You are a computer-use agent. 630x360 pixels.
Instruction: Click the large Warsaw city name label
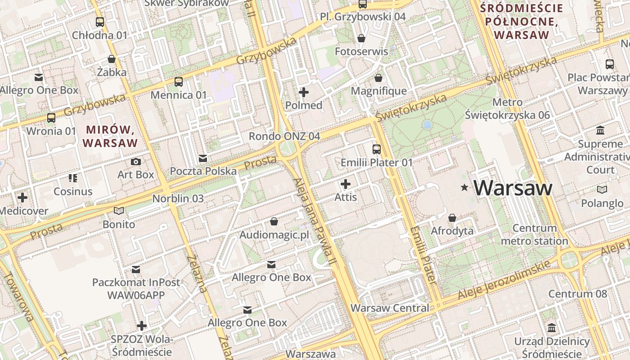point(513,188)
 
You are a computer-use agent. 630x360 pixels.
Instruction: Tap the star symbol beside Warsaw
point(464,187)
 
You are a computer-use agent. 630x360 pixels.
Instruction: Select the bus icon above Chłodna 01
point(100,22)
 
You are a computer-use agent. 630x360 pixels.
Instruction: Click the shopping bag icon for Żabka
point(112,59)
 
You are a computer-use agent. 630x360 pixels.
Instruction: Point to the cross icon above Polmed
point(304,92)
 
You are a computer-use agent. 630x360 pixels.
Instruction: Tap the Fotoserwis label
point(361,51)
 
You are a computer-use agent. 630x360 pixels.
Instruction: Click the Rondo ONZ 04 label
point(284,136)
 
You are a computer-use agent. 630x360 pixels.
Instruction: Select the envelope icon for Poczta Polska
point(203,158)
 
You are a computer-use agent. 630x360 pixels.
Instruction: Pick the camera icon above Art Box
point(135,162)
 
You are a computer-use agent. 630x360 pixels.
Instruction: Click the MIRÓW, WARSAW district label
point(111,136)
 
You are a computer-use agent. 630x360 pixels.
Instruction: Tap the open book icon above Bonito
point(119,211)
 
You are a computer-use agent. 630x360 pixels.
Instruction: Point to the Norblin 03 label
point(178,198)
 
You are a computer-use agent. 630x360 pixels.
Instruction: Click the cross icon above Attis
point(346,184)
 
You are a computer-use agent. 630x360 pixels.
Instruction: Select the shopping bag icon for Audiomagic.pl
point(274,221)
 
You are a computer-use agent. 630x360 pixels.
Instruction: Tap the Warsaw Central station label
point(390,308)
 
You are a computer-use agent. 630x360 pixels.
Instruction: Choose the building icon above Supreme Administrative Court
point(600,130)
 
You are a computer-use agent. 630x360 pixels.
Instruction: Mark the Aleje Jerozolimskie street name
point(504,281)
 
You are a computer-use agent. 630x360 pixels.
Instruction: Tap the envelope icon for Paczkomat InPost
point(136,270)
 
